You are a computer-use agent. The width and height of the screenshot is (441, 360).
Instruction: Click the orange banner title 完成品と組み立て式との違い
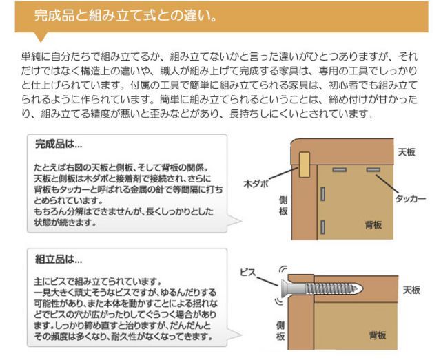pyautogui.click(x=128, y=15)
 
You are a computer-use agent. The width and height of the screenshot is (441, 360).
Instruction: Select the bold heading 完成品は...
pyautogui.click(x=59, y=146)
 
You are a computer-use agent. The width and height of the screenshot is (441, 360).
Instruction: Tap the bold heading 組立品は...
pyautogui.click(x=59, y=261)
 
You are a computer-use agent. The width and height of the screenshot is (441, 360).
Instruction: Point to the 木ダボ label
pyautogui.click(x=256, y=184)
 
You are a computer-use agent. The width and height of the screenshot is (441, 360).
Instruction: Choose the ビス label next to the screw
pyautogui.click(x=247, y=273)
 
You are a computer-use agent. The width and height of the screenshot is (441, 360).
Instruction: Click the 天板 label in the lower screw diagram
pyautogui.click(x=411, y=290)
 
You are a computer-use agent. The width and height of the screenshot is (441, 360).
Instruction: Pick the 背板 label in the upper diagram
pyautogui.click(x=374, y=225)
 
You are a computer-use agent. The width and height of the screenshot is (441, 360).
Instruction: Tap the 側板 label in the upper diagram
pyautogui.click(x=283, y=204)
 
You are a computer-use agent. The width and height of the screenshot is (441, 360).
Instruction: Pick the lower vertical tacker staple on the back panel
pyautogui.click(x=322, y=224)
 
